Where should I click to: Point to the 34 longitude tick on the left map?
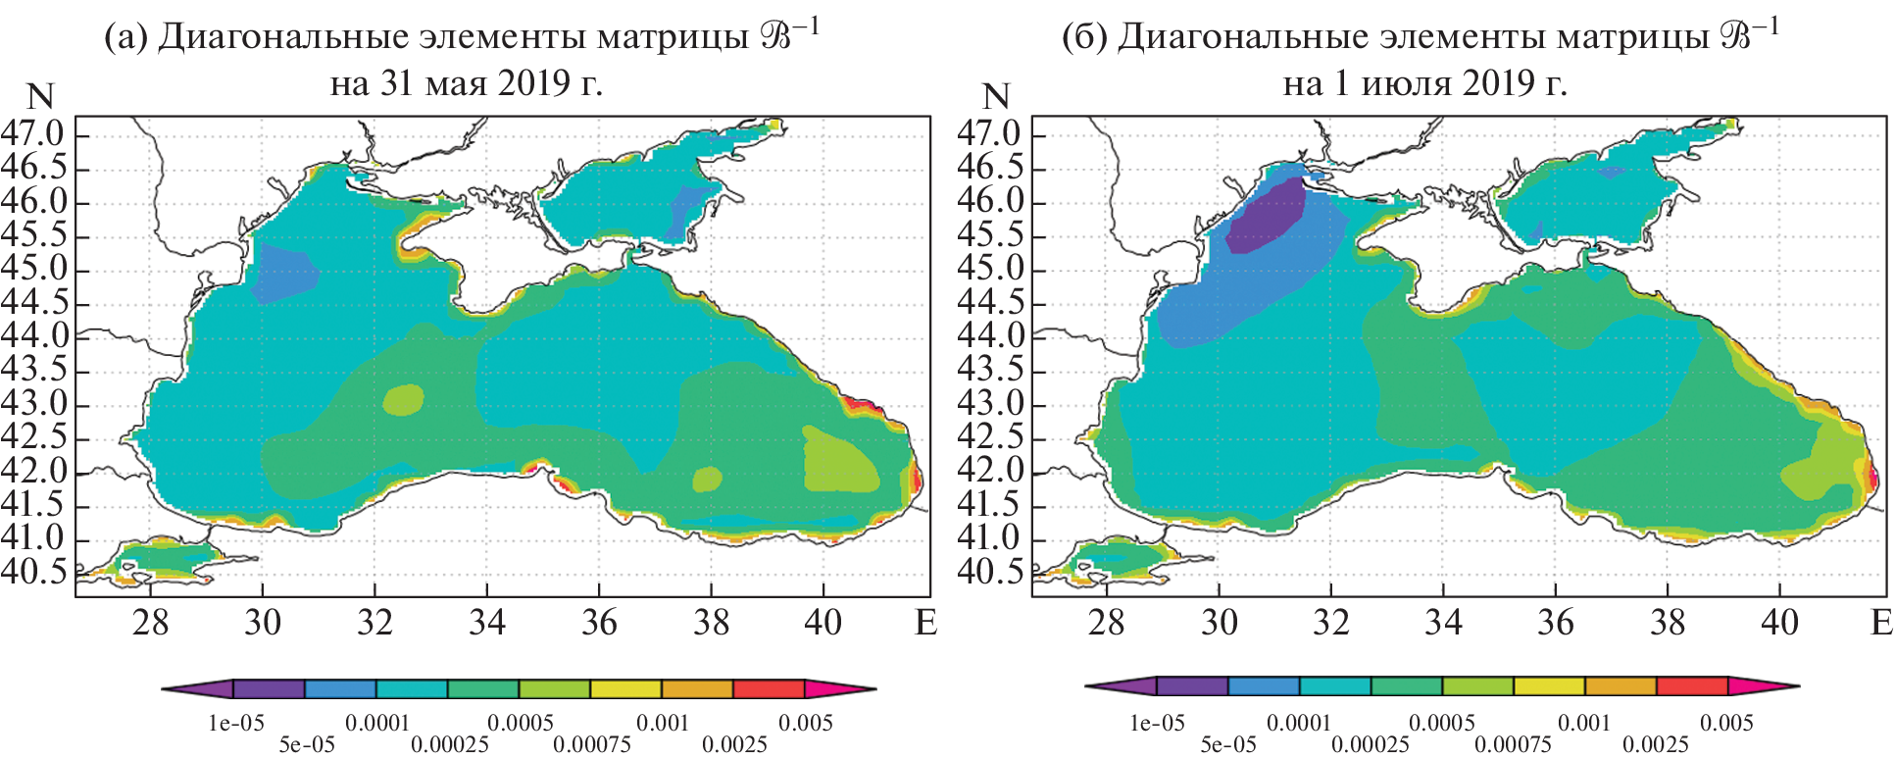pyautogui.click(x=486, y=622)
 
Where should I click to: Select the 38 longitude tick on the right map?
pyautogui.click(x=1668, y=622)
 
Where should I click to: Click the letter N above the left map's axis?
pyautogui.click(x=40, y=96)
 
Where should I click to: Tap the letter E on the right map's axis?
pyautogui.click(x=1881, y=622)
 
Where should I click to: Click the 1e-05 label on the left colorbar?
pyautogui.click(x=235, y=724)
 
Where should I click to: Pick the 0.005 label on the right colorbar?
pyautogui.click(x=1726, y=724)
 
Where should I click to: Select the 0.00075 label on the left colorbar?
pyautogui.click(x=592, y=744)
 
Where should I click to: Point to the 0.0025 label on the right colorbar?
pyautogui.click(x=1656, y=744)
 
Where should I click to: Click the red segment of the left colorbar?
pyautogui.click(x=769, y=689)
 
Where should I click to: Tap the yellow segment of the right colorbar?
pyautogui.click(x=1549, y=686)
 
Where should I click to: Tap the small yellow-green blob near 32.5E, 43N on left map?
pyautogui.click(x=403, y=400)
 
